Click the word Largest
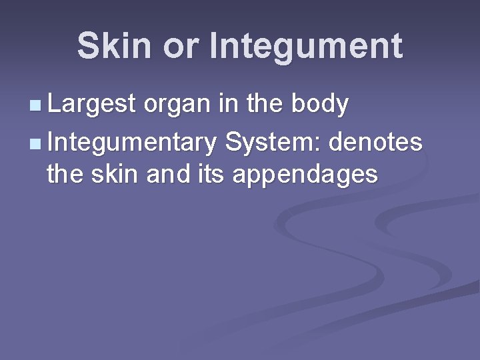click(x=92, y=105)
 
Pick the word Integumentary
click(x=132, y=143)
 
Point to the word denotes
click(x=377, y=141)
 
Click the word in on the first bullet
click(x=231, y=105)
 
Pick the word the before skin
click(x=63, y=175)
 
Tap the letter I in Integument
click(x=213, y=47)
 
